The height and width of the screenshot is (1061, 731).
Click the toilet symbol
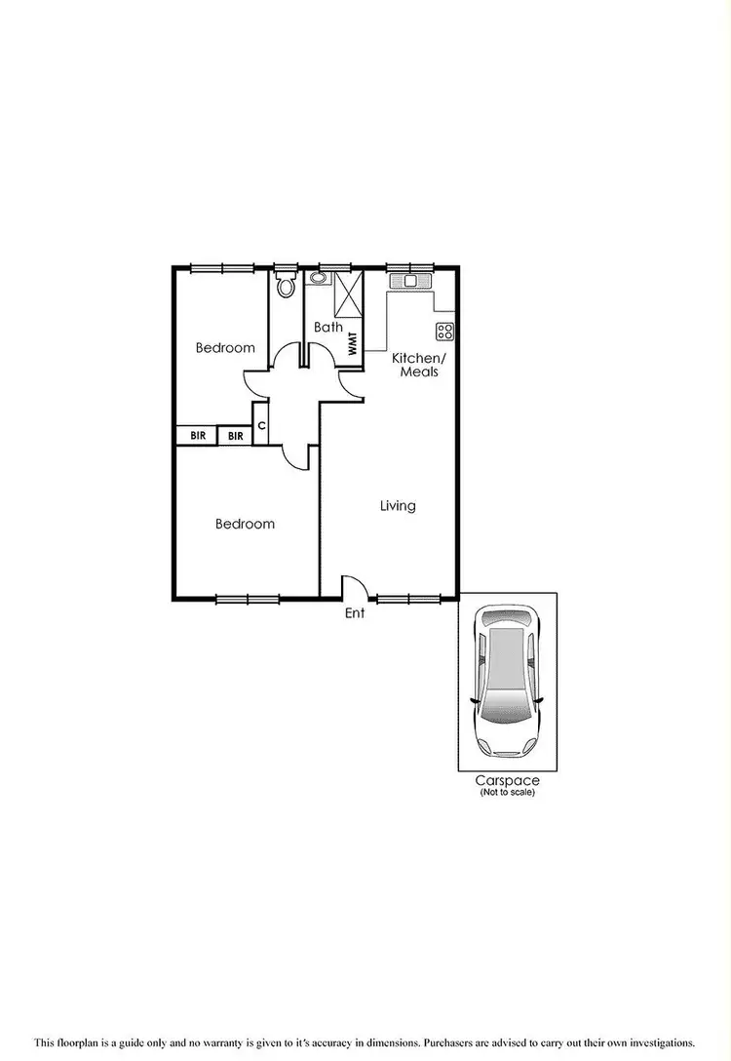(x=286, y=286)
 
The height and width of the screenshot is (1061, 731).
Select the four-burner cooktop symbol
(x=444, y=330)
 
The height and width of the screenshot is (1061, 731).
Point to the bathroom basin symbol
(x=318, y=279)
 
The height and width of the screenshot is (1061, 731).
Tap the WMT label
(x=352, y=341)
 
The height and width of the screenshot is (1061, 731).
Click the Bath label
(x=327, y=327)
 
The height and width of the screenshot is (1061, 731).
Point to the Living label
(x=398, y=505)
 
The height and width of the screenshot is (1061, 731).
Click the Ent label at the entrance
(x=355, y=613)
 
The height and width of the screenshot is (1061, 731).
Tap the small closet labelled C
(x=261, y=425)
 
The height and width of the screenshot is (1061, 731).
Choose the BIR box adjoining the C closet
(x=235, y=435)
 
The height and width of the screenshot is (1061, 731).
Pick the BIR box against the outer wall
(x=197, y=435)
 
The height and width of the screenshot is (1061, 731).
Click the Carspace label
(x=507, y=780)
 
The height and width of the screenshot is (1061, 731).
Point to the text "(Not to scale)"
(x=507, y=792)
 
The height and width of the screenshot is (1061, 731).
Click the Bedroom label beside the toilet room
(x=225, y=347)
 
